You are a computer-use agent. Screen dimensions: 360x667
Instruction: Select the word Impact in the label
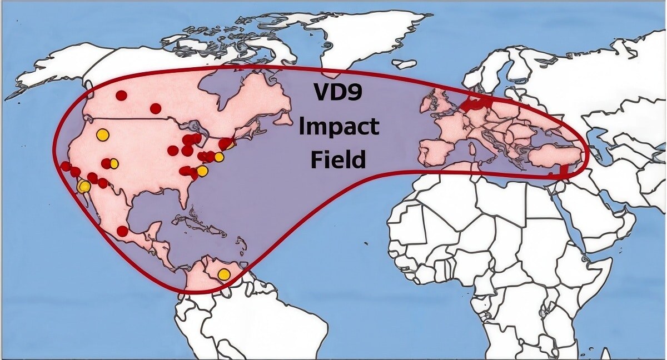click(x=339, y=127)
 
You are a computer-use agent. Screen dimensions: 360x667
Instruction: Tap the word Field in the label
click(x=338, y=160)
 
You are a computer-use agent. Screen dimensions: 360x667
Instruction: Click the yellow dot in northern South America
click(x=223, y=274)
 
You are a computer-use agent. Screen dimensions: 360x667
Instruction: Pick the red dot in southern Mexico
click(x=122, y=231)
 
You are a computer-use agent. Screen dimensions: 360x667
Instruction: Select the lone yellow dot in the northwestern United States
click(x=102, y=134)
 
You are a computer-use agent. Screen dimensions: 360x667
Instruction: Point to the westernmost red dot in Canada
click(x=121, y=96)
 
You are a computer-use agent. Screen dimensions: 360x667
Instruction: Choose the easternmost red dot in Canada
click(x=156, y=108)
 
